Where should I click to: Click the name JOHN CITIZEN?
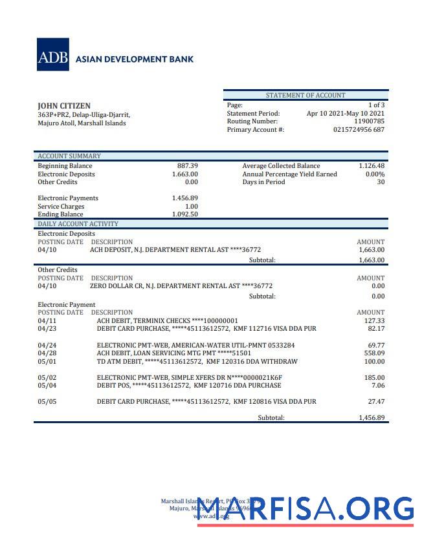click(64, 106)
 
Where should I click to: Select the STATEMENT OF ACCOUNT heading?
click(305, 96)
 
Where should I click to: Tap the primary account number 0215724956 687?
click(359, 130)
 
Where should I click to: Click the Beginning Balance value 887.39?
click(187, 166)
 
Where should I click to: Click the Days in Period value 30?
click(381, 182)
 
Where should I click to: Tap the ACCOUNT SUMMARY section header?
click(69, 156)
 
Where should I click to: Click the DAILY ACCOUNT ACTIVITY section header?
click(78, 224)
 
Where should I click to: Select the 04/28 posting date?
click(47, 353)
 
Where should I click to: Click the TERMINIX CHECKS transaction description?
click(167, 320)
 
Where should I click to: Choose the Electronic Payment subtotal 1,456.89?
click(372, 418)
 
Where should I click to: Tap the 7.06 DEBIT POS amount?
click(378, 386)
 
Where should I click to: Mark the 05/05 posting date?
click(47, 402)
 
